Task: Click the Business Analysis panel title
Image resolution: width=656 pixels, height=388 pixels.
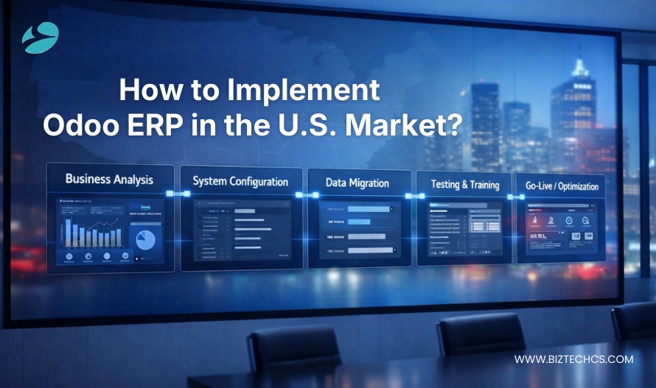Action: (x=109, y=179)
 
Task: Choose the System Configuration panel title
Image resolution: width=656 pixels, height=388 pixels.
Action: (x=240, y=181)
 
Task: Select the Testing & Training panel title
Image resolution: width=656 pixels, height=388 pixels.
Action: (x=464, y=185)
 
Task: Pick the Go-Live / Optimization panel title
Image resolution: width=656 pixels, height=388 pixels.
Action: (x=562, y=186)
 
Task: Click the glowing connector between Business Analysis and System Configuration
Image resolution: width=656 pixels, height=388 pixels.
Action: (x=178, y=194)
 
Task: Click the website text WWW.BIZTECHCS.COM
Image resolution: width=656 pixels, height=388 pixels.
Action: (x=573, y=359)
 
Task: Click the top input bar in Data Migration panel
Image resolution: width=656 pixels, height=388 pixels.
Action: (x=369, y=210)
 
